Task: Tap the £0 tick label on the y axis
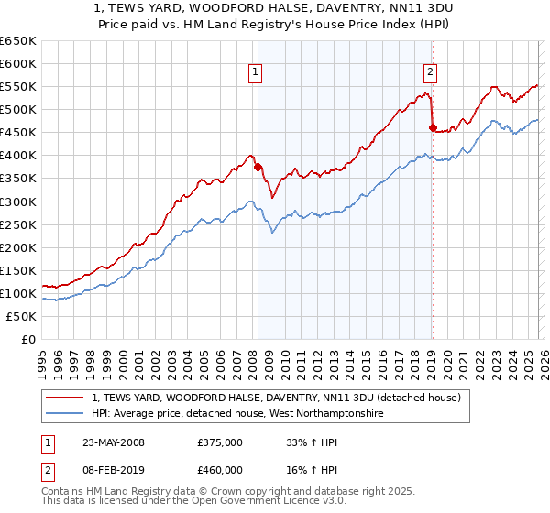coord(28,339)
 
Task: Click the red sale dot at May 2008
coord(258,167)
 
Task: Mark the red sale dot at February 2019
coord(432,127)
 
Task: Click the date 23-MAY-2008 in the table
coord(109,442)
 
